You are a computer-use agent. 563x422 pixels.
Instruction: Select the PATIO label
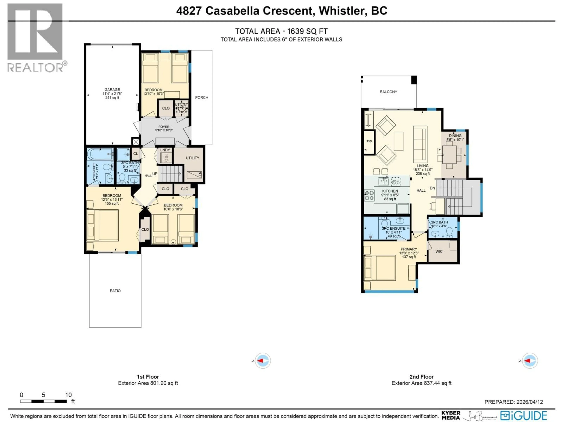pyautogui.click(x=115, y=290)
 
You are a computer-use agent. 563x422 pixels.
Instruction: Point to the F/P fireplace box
pyautogui.click(x=369, y=142)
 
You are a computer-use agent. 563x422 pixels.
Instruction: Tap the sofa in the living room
pyautogui.click(x=420, y=144)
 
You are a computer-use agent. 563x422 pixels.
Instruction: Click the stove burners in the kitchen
pyautogui.click(x=369, y=196)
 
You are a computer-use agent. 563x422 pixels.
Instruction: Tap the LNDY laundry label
pyautogui.click(x=165, y=150)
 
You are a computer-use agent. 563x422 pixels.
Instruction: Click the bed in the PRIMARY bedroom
pyautogui.click(x=380, y=268)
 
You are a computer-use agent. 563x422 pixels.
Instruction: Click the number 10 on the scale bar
pyautogui.click(x=68, y=395)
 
